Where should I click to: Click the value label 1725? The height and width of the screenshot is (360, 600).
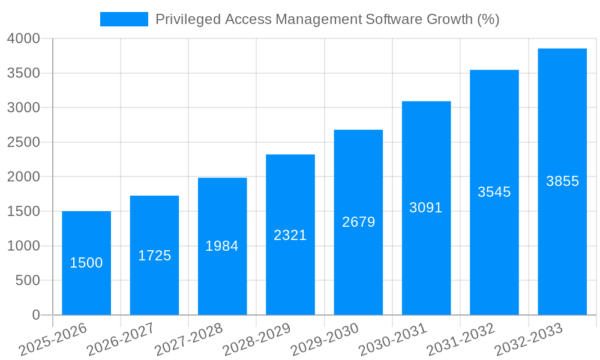point(154,256)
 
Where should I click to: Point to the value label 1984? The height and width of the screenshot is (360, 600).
point(222,246)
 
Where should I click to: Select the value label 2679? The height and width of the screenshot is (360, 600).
point(358,222)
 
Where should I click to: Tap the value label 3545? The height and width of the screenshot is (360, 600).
point(494,192)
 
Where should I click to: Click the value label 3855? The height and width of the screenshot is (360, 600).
point(562,181)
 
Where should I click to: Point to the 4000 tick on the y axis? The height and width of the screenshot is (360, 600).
point(23,38)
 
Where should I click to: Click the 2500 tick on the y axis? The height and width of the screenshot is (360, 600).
point(23,142)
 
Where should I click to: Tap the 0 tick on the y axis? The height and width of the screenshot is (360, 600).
point(35,315)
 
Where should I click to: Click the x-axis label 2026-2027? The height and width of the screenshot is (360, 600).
point(121,339)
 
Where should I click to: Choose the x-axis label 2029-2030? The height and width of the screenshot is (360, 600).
point(325,339)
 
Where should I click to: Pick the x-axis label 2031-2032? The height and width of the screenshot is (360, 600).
point(461,339)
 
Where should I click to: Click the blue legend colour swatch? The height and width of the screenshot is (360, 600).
point(124,19)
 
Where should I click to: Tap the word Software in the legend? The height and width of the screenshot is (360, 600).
point(394,19)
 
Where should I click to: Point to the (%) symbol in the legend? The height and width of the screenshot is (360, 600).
point(488,19)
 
